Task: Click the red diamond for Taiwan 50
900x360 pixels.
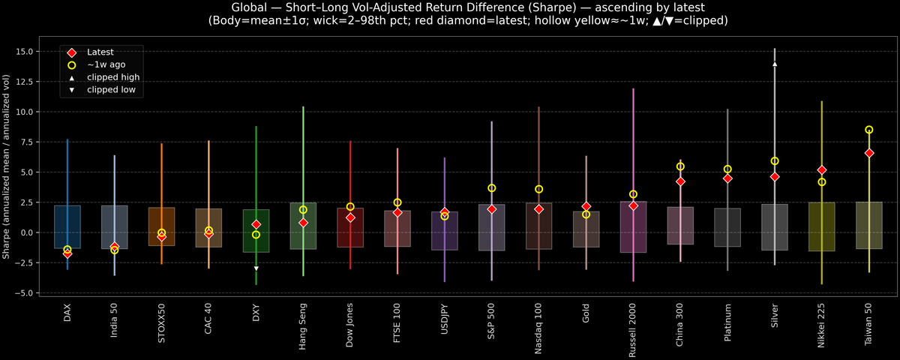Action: [x=869, y=153]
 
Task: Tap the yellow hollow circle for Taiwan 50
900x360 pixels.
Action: [x=869, y=130]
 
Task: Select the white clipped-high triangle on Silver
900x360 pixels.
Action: [x=775, y=64]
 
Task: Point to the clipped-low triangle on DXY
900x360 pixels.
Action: [x=256, y=268]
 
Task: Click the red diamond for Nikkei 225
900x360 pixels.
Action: [x=822, y=170]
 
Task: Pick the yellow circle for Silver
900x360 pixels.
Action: [x=775, y=161]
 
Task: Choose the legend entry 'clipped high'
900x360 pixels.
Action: [x=113, y=77]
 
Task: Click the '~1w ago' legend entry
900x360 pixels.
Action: [x=106, y=64]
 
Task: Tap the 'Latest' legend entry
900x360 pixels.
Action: [x=101, y=52]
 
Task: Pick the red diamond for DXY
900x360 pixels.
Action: [x=256, y=224]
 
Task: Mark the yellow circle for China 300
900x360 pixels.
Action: [x=680, y=166]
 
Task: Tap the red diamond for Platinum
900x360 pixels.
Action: [x=727, y=178]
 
